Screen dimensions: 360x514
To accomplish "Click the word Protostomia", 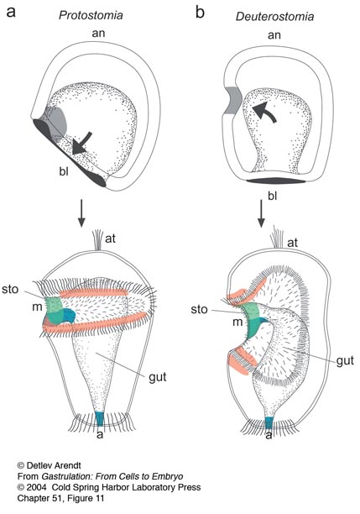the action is (91, 15).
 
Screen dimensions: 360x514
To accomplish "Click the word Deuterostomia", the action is (274, 17).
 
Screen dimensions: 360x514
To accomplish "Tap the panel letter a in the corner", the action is (11, 12).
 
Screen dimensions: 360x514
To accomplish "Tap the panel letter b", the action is (201, 13).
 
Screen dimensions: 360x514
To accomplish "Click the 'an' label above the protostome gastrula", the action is (98, 33).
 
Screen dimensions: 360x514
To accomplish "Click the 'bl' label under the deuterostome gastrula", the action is (272, 196).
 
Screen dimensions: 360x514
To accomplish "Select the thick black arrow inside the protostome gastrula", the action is (81, 144).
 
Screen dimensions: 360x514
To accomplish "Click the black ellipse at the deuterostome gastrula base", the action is (276, 181).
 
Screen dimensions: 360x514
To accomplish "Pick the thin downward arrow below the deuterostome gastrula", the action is (261, 213).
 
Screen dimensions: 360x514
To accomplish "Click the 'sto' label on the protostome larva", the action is (10, 290).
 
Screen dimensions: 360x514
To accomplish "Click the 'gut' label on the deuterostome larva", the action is (345, 361).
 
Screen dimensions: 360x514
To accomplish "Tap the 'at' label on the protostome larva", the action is (111, 239).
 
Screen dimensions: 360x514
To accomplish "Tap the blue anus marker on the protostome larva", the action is (100, 418).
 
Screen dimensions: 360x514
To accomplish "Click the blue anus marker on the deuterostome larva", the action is (269, 422).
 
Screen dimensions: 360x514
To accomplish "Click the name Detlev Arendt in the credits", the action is (54, 465).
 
